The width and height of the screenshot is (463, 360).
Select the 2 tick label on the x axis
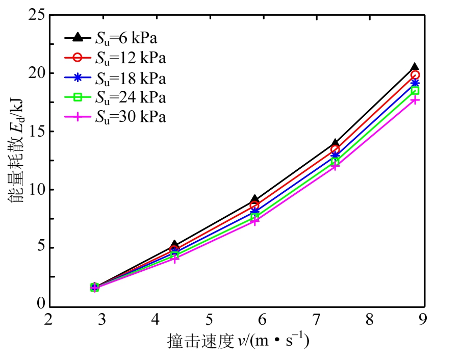[48, 320]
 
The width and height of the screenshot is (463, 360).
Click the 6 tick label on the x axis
[262, 320]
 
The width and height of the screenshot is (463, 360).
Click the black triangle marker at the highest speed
[415, 67]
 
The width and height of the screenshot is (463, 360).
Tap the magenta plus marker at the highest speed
[415, 100]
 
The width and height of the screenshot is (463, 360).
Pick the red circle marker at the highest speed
[415, 75]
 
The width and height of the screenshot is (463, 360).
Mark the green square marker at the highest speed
[415, 90]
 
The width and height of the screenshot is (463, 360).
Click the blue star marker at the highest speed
[415, 83]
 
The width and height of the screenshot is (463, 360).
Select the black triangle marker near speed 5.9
[254, 199]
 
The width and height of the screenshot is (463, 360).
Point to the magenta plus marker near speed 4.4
[174, 259]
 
